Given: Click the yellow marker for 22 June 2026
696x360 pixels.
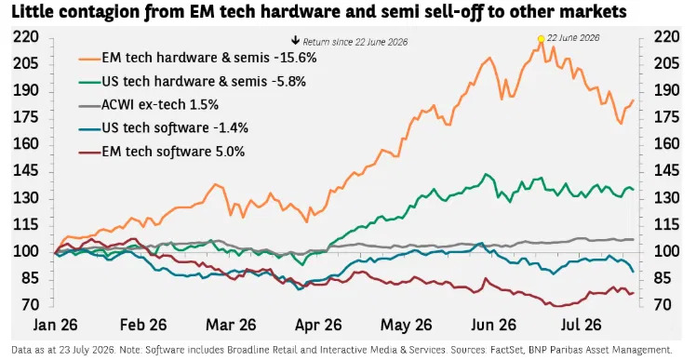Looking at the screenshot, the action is coord(541,39).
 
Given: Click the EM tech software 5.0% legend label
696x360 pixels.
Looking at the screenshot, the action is coord(173,152).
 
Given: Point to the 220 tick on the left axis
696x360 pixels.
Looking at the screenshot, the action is coord(26,37).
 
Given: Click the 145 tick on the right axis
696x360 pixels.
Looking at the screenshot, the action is coord(666,171).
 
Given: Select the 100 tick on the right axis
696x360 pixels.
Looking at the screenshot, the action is coord(666,252).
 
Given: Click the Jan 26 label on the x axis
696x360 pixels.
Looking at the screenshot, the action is coord(55,325).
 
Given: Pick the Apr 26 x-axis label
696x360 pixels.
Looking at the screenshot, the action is coord(319,325).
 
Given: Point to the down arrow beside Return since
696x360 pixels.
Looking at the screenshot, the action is coord(295,41).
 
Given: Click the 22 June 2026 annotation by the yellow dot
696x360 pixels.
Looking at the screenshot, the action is coord(573,38).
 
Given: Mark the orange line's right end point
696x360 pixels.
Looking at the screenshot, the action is coord(633,100).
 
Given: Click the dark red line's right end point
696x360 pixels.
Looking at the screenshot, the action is coord(633,293).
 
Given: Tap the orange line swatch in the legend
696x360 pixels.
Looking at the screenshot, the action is coord(89,59).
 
